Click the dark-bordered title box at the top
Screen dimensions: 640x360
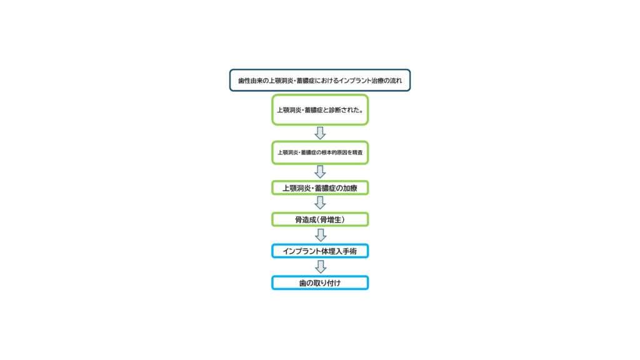click(319, 81)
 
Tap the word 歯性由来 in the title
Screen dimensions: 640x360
click(250, 81)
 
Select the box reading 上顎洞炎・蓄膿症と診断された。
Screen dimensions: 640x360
click(320, 110)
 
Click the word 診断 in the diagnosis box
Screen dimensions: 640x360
click(335, 110)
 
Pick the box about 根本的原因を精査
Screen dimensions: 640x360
click(320, 152)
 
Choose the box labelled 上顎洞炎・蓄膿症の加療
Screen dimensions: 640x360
click(320, 187)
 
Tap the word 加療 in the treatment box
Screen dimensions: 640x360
click(350, 188)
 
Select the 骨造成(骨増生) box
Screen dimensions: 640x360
click(320, 219)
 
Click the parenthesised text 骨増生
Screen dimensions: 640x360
click(330, 220)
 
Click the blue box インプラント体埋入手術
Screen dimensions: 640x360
click(320, 251)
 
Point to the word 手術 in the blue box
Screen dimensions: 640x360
click(350, 251)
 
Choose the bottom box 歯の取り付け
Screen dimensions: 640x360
click(320, 282)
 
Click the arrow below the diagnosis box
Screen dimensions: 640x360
click(320, 133)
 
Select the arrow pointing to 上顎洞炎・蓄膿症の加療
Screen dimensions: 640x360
click(320, 172)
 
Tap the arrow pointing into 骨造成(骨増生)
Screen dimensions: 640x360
click(320, 203)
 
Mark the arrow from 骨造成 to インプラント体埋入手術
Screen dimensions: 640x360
click(321, 235)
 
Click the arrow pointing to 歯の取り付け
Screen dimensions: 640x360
click(321, 267)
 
